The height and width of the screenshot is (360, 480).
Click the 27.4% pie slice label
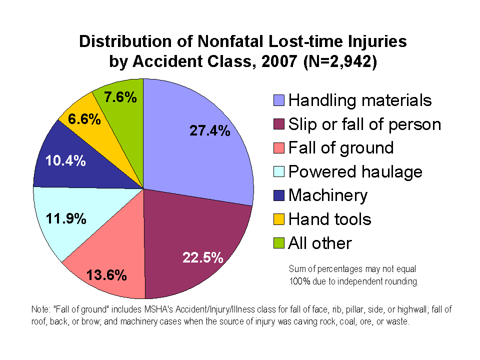210,131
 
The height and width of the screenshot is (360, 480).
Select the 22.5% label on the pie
202,257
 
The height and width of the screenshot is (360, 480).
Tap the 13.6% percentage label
106,275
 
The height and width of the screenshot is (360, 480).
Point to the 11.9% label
66,219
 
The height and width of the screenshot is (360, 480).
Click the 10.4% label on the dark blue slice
65,161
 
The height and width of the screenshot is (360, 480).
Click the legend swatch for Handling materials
279,100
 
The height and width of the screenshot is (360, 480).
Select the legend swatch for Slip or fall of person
279,124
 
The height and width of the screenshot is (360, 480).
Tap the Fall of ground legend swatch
279,148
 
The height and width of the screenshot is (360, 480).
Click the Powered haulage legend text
355,172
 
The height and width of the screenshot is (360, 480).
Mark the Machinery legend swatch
279,195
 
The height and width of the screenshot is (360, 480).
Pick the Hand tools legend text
330,219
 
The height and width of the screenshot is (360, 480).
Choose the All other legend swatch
279,243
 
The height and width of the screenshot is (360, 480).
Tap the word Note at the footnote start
39,310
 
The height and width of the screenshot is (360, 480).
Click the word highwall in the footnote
394,310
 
